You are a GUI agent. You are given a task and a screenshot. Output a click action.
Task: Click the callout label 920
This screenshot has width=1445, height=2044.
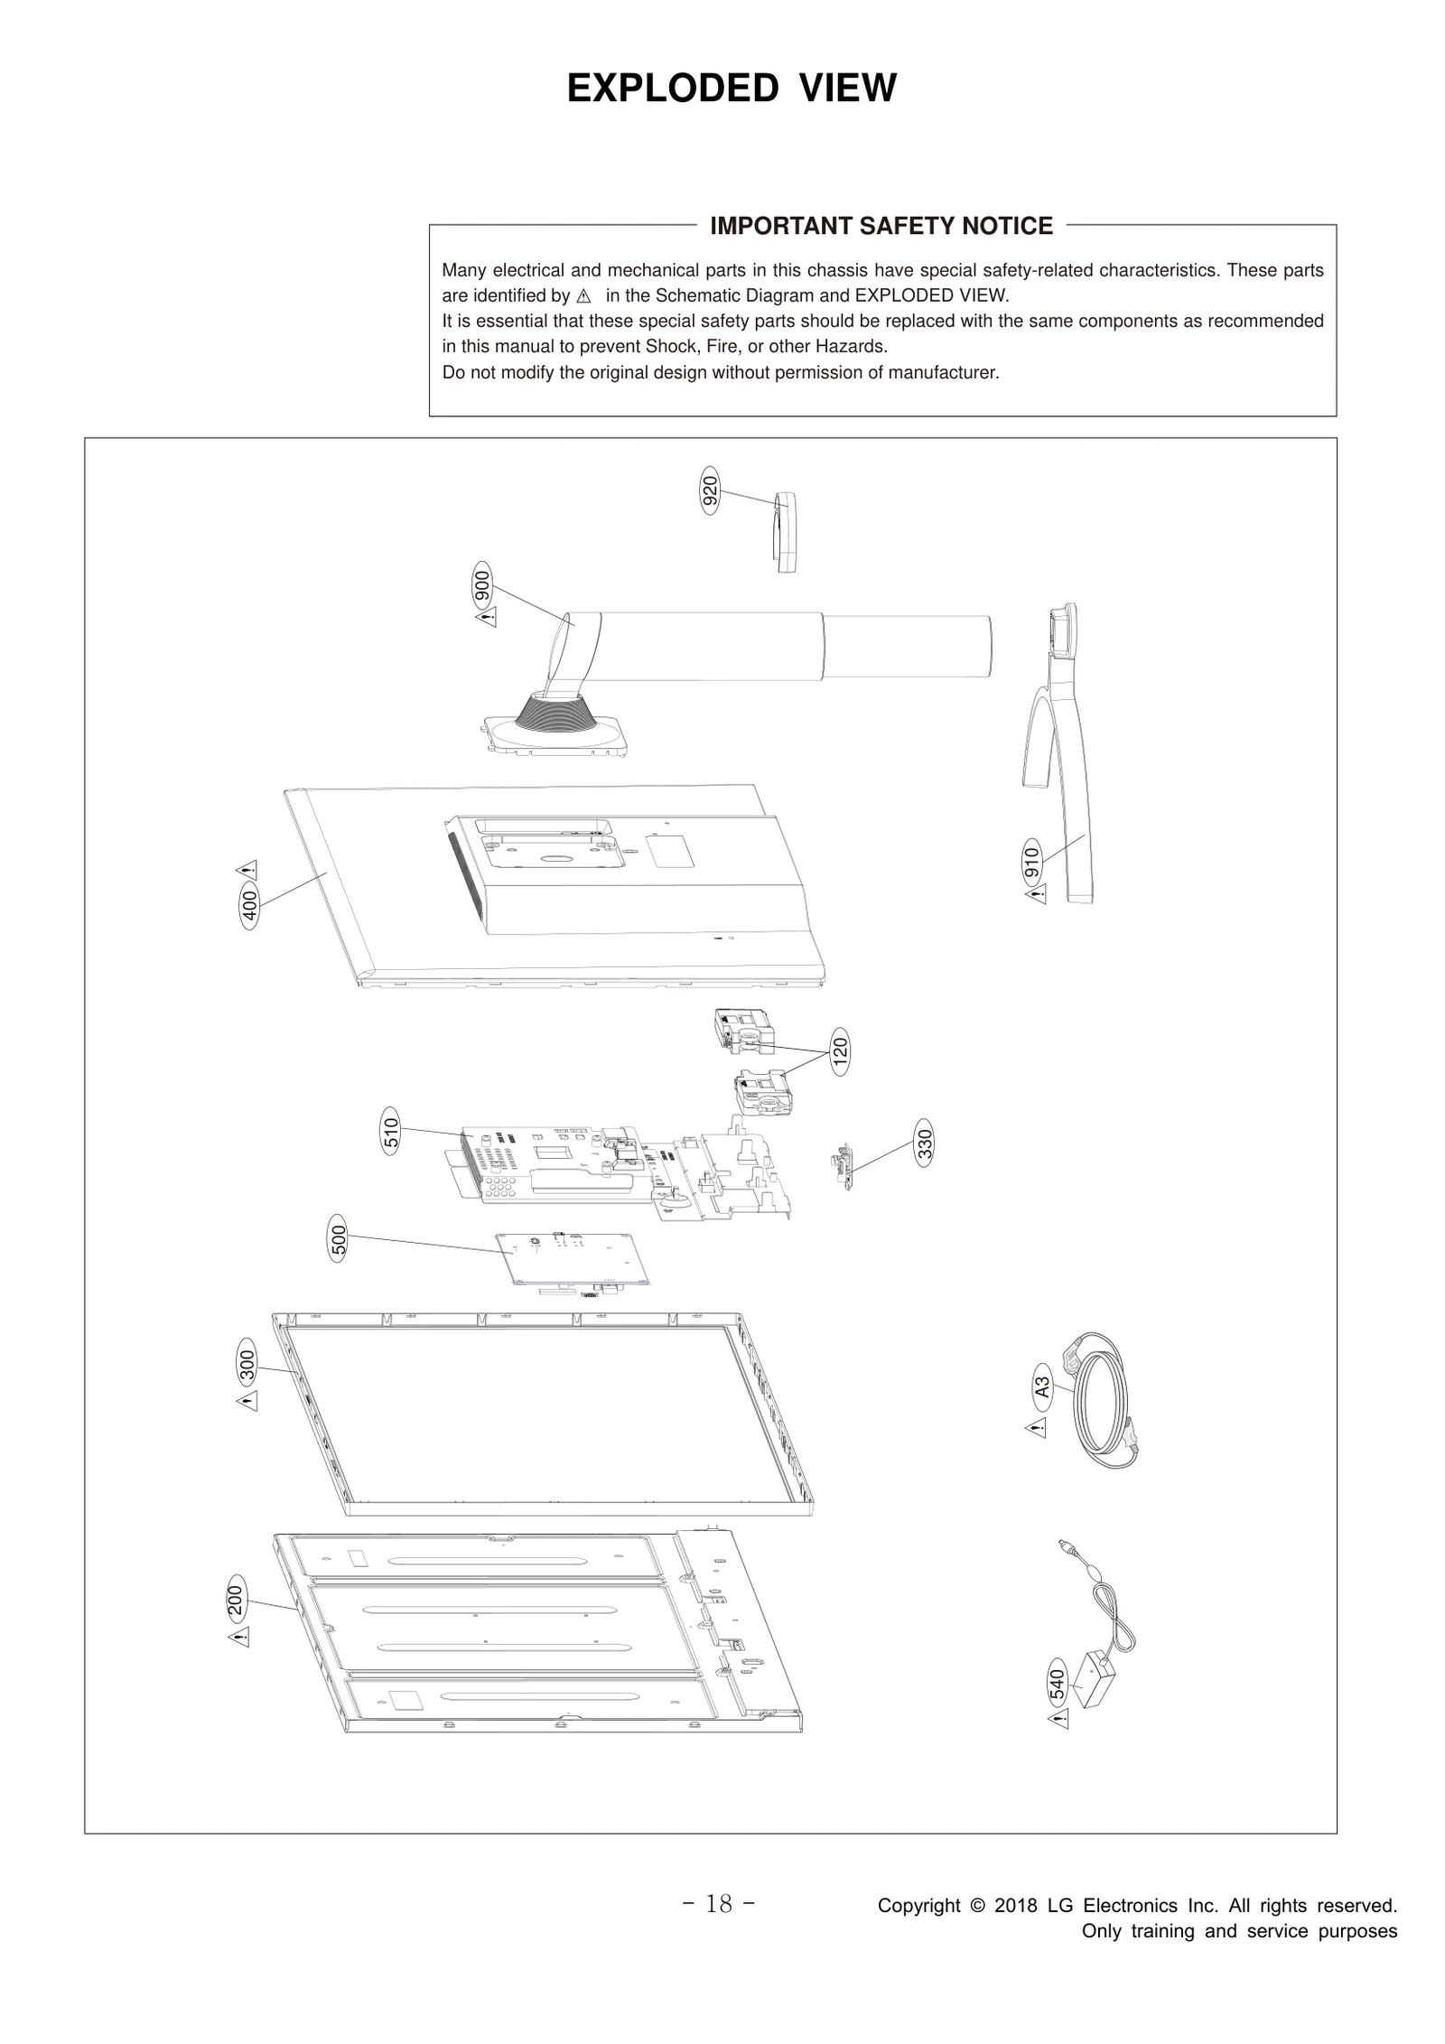710,493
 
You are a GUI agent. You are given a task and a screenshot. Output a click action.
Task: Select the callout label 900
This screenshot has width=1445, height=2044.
482,586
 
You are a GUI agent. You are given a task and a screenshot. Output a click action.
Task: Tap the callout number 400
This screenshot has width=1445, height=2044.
250,906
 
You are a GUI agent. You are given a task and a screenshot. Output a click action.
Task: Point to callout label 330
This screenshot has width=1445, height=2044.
924,1143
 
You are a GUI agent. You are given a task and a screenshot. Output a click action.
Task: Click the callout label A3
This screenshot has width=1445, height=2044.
1041,1386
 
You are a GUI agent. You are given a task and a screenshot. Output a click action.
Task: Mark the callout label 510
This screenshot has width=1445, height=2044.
390,1132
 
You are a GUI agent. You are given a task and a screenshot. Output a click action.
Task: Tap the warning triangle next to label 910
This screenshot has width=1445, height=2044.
1036,894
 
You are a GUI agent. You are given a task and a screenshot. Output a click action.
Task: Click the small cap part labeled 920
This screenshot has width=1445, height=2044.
786,533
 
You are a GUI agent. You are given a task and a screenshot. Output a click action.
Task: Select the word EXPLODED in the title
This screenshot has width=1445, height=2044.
672,89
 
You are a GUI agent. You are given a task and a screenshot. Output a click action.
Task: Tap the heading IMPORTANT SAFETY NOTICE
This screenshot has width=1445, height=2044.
881,226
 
